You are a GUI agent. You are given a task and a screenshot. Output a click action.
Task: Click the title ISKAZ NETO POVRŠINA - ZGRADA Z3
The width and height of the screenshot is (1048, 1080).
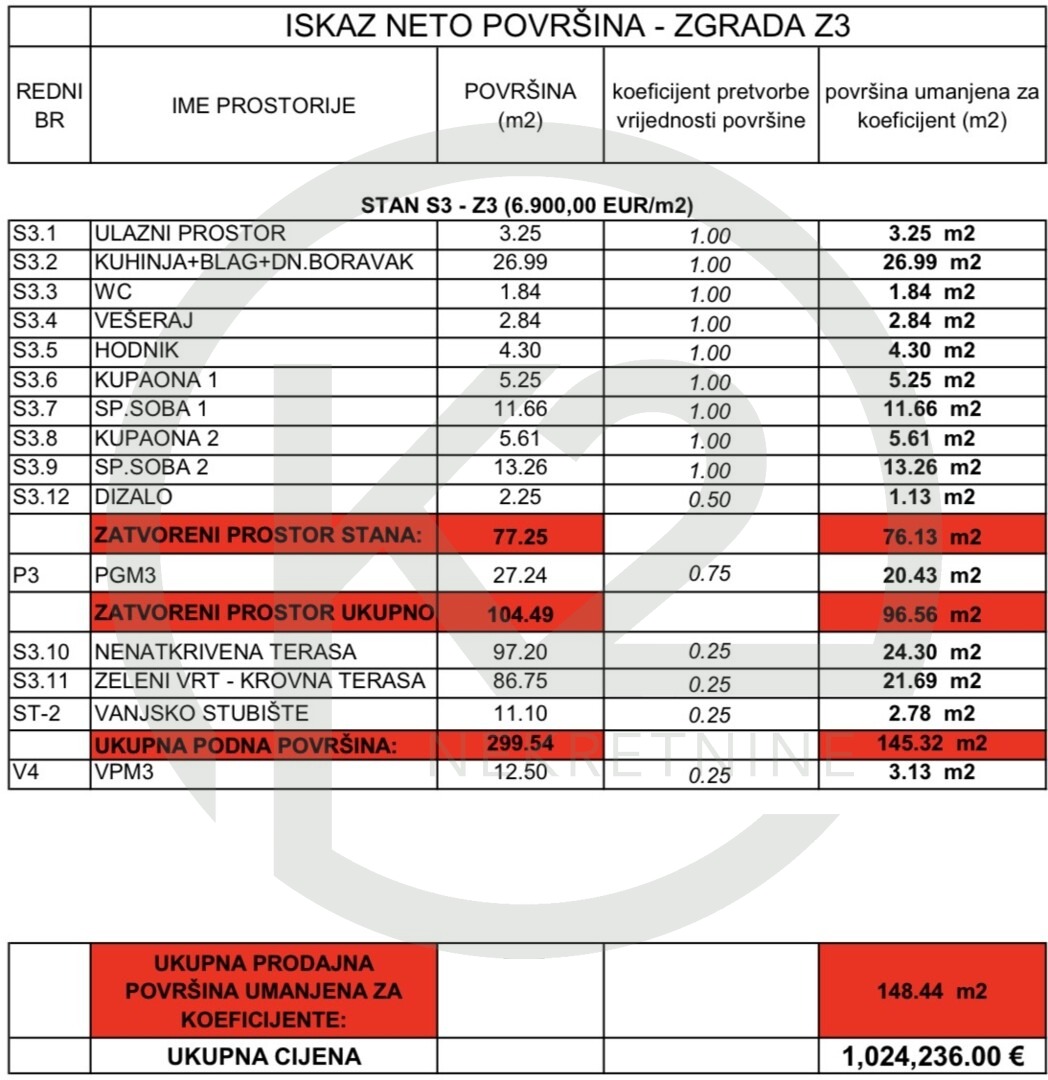coord(567,25)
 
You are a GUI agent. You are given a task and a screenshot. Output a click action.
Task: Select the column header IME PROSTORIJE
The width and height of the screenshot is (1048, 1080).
coord(264,105)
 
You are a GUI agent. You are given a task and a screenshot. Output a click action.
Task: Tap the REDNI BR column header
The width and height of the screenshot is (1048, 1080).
coord(49,105)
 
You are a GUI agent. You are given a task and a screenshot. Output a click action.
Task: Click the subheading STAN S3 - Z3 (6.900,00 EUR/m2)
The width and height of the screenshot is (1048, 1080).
coord(527,206)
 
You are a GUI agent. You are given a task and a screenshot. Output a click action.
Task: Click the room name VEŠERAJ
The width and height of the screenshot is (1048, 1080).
coord(144,321)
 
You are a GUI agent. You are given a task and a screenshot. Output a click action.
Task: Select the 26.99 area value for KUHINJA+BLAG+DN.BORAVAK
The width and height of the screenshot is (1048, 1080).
coord(520,263)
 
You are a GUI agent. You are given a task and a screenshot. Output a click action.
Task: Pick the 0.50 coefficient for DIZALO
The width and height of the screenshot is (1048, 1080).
coord(710,499)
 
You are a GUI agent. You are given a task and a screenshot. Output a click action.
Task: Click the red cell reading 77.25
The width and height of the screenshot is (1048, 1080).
coord(520,536)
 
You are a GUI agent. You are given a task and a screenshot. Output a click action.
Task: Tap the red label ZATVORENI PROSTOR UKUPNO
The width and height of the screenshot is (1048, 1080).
coord(264,612)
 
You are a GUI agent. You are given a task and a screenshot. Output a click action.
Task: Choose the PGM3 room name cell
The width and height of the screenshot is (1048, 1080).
coord(126,575)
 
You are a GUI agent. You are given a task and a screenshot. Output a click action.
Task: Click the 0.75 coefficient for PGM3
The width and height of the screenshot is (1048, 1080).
coord(710,574)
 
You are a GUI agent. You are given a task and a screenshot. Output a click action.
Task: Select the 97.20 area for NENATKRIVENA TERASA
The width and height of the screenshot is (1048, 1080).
coord(520,652)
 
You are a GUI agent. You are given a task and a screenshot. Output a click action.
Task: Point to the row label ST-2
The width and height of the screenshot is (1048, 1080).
coord(38,714)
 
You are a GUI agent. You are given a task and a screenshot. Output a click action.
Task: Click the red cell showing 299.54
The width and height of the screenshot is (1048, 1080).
coord(520,743)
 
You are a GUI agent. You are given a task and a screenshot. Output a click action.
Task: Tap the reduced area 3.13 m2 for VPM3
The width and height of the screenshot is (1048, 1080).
coord(931,772)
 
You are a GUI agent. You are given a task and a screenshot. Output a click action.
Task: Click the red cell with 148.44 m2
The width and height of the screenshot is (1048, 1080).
coord(931,991)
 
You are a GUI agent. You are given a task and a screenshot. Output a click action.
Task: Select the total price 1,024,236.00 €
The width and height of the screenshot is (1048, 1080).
coord(931,1056)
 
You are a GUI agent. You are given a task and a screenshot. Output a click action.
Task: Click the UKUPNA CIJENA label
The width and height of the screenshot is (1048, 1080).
coord(264,1056)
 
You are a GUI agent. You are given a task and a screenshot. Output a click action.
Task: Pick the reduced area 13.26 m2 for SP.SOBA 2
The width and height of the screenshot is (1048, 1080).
coord(931,467)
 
